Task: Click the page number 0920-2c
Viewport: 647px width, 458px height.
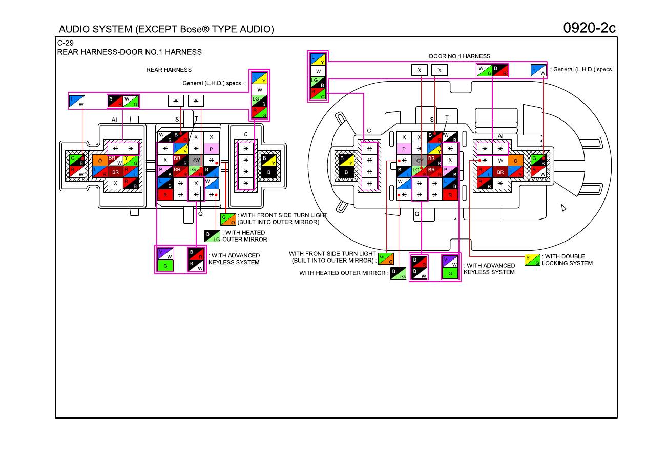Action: [x=589, y=28]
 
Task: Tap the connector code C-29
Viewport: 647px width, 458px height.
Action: [x=65, y=43]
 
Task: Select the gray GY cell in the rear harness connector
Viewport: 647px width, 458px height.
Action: [x=196, y=160]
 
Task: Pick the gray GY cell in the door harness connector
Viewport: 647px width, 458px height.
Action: [x=420, y=160]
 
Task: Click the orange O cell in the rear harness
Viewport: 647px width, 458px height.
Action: [x=100, y=161]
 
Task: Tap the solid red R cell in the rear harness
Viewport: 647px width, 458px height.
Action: [x=165, y=195]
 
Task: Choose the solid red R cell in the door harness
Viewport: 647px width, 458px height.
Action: [x=450, y=195]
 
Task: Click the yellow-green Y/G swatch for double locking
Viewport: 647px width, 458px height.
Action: [x=532, y=260]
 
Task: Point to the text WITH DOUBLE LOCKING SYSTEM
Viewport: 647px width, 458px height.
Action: [x=567, y=260]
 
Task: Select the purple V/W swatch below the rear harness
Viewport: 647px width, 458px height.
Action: [x=165, y=253]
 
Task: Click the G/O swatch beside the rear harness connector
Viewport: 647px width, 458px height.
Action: [x=228, y=219]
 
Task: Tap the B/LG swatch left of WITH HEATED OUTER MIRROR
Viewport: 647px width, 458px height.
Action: [x=398, y=273]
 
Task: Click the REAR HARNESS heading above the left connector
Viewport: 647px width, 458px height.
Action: [x=169, y=70]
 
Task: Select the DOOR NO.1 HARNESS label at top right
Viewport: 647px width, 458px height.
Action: [x=460, y=56]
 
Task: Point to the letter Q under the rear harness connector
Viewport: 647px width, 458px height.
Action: [x=200, y=214]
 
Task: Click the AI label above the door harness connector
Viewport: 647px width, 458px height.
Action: [x=500, y=136]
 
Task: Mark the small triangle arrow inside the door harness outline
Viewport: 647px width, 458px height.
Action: [x=563, y=208]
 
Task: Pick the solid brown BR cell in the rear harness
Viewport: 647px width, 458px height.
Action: [x=115, y=172]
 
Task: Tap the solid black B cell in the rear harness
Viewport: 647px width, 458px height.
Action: [x=269, y=172]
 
